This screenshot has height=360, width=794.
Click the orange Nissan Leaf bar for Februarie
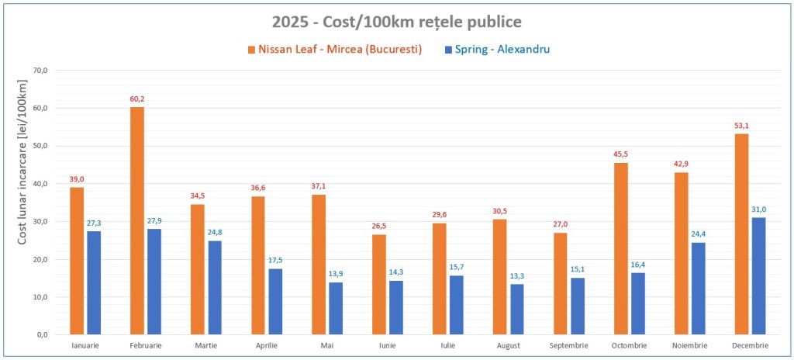click(x=137, y=220)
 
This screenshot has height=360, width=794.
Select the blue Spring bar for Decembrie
click(x=758, y=275)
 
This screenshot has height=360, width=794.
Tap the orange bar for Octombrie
click(x=621, y=248)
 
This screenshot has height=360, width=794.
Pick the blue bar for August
click(x=517, y=309)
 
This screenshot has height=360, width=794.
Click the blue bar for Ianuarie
click(x=94, y=282)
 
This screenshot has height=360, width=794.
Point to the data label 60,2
click(x=137, y=99)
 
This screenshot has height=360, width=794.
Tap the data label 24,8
click(x=215, y=233)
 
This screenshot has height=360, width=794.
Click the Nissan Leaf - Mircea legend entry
click(x=335, y=50)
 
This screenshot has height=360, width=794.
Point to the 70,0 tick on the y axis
click(x=39, y=71)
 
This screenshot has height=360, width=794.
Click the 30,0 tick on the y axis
click(x=39, y=221)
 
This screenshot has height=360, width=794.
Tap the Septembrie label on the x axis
click(x=568, y=346)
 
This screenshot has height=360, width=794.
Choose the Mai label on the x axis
click(x=326, y=346)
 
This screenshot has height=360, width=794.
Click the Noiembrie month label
click(x=689, y=346)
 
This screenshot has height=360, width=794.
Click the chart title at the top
click(x=396, y=21)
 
